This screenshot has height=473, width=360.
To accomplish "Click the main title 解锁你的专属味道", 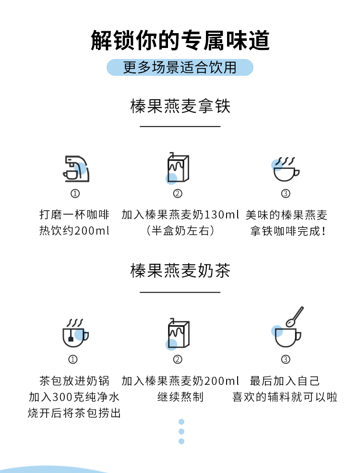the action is pyautogui.click(x=180, y=40).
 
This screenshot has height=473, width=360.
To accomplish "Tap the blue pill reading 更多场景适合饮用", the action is pyautogui.click(x=180, y=67).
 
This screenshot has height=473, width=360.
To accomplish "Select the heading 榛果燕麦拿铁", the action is pyautogui.click(x=180, y=106).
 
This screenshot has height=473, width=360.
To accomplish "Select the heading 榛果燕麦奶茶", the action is pyautogui.click(x=180, y=270).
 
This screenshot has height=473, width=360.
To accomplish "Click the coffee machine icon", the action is pyautogui.click(x=76, y=169).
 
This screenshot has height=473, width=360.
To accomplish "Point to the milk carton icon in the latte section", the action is pyautogui.click(x=178, y=168).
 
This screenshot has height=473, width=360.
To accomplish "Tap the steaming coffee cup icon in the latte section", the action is pyautogui.click(x=285, y=169).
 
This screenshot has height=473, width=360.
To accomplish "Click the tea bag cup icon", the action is pyautogui.click(x=75, y=333).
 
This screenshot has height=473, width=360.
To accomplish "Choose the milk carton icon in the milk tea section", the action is pyautogui.click(x=178, y=334).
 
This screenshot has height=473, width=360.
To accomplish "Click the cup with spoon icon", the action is pyautogui.click(x=287, y=327).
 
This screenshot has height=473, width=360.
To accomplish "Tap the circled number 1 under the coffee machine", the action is pyautogui.click(x=75, y=193).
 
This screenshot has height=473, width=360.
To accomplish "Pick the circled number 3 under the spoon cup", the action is pyautogui.click(x=286, y=359).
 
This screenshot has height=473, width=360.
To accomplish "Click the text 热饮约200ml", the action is pyautogui.click(x=74, y=231).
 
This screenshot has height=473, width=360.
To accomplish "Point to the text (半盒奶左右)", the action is pyautogui.click(x=180, y=231).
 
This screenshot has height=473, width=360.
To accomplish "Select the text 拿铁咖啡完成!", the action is pyautogui.click(x=288, y=231).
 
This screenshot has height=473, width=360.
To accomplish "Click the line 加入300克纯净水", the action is pyautogui.click(x=74, y=397).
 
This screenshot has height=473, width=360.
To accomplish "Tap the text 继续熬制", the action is pyautogui.click(x=180, y=397).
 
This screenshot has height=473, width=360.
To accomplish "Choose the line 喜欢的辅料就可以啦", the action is pyautogui.click(x=285, y=397).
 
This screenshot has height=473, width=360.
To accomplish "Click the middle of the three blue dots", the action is pyautogui.click(x=181, y=431).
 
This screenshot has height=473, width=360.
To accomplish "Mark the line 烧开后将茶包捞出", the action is pyautogui.click(x=74, y=413).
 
